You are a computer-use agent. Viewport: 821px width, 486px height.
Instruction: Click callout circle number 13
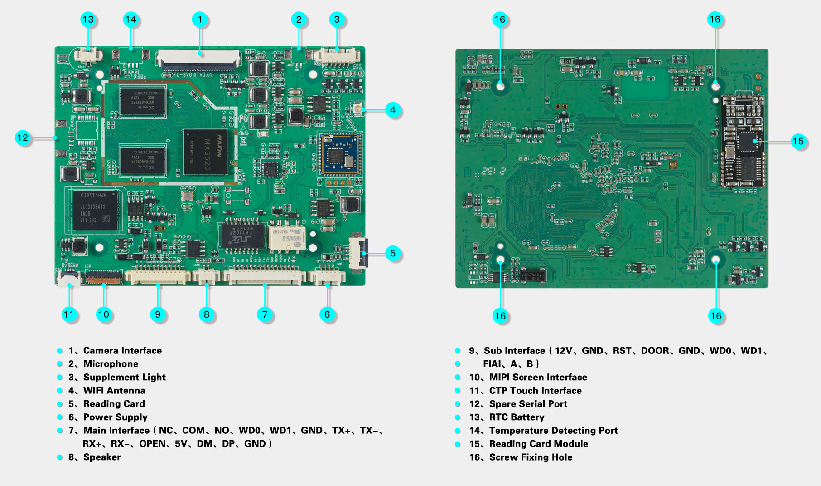click(88, 20)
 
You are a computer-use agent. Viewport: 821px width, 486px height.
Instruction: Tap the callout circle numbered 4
click(393, 110)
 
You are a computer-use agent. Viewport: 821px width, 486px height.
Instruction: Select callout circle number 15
click(798, 141)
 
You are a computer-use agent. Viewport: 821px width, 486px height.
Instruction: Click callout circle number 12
click(22, 137)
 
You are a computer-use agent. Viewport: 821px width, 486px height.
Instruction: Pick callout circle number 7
click(265, 314)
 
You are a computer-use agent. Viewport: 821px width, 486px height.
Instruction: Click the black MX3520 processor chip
click(205, 152)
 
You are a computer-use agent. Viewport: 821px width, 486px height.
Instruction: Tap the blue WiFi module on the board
click(340, 155)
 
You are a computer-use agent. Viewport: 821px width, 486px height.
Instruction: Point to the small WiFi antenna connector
click(358, 109)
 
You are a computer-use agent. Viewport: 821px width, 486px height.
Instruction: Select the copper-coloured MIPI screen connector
click(104, 276)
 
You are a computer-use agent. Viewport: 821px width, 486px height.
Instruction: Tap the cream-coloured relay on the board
click(287, 238)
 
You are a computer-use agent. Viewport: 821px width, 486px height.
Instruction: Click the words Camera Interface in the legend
click(122, 351)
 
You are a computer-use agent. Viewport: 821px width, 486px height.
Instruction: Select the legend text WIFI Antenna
click(114, 391)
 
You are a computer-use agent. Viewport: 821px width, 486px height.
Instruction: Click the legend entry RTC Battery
click(517, 417)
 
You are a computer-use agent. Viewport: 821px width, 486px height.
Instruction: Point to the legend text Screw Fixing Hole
click(531, 457)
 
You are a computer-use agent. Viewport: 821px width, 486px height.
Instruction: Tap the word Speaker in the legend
click(102, 457)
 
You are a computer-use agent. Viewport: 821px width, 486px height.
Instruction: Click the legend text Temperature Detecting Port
click(553, 431)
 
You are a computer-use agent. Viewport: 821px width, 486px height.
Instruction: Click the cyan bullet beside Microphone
click(59, 364)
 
